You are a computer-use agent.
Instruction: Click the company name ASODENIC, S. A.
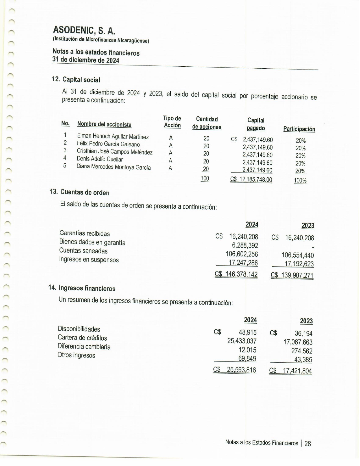pos(84,30)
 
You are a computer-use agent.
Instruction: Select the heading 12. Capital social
pos(76,80)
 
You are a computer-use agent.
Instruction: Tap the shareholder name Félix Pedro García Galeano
pos(108,144)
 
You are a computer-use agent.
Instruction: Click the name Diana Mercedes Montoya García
pos(114,167)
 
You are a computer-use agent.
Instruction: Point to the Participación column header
pos(299,129)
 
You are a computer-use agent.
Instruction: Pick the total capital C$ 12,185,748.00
pos(251,179)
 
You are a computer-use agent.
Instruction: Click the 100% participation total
pos(300,180)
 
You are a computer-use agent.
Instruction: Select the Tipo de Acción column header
pos(172,122)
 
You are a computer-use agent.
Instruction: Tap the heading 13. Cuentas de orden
pos(80,192)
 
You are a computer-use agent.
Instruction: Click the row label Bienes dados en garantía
pos(92,242)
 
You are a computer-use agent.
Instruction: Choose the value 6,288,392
pos(245,245)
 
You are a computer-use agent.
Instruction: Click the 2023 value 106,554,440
pos(298,255)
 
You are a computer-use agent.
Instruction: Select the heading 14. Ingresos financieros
pos(82,288)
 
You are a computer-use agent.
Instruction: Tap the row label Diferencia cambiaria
pos(84,347)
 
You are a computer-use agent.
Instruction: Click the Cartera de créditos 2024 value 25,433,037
pos(242,341)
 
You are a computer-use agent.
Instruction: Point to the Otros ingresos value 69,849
pos(247,359)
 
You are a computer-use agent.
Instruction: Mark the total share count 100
pos(205,178)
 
